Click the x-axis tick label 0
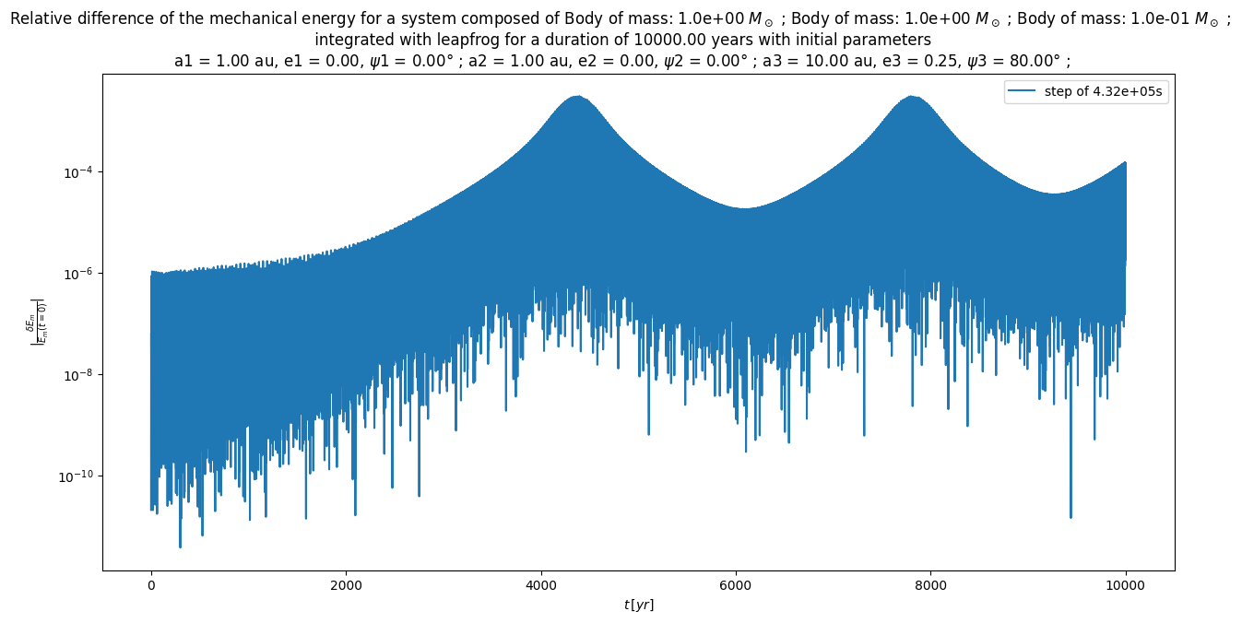pyautogui.click(x=150, y=584)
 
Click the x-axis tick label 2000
pyautogui.click(x=346, y=584)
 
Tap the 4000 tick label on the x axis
pyautogui.click(x=541, y=584)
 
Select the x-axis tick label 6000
pyautogui.click(x=736, y=584)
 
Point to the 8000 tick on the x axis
pyautogui.click(x=930, y=584)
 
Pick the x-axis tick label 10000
pyautogui.click(x=1126, y=584)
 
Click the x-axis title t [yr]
pyautogui.click(x=638, y=605)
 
